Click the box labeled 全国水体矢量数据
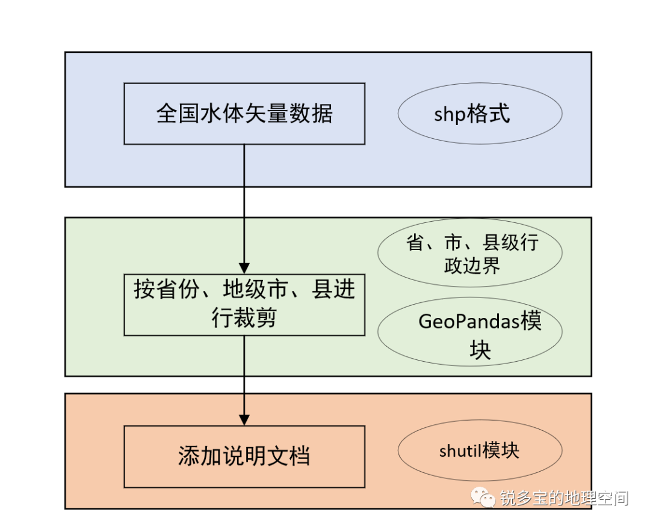244,114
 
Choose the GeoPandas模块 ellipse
469,332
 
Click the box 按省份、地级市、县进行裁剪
244,305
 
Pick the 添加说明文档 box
244,456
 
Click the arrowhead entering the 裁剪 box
244,268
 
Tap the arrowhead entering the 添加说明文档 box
244,419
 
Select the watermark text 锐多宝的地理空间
564,498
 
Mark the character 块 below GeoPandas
480,350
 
